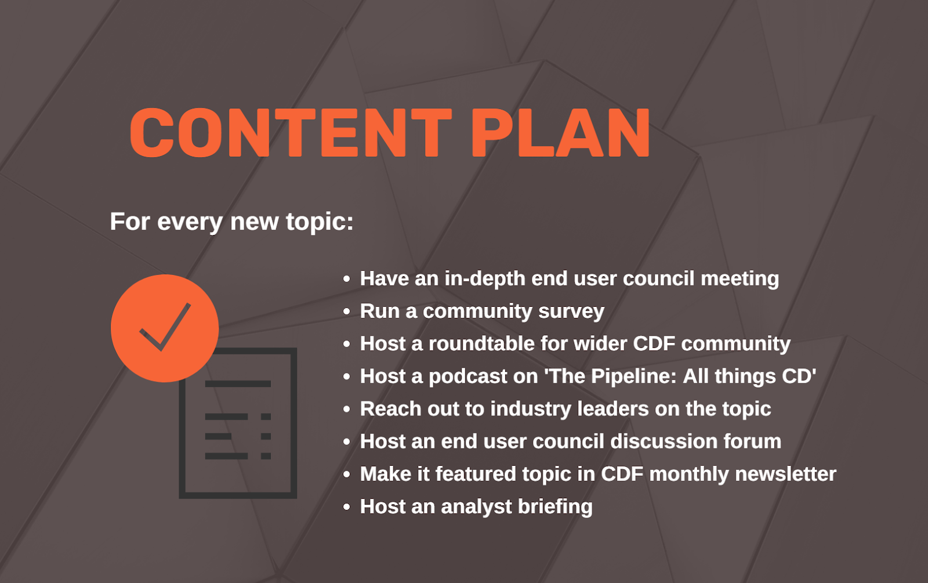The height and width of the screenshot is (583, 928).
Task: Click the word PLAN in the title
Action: (560, 133)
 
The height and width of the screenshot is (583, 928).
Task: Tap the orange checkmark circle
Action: (165, 328)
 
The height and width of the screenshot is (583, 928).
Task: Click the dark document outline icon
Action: (238, 423)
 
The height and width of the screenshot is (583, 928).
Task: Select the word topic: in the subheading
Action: (320, 222)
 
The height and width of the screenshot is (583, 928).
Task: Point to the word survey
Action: (571, 312)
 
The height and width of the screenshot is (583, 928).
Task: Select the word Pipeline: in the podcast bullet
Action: (634, 376)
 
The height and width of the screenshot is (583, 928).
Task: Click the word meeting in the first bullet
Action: (740, 278)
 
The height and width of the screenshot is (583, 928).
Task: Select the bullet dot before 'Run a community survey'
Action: (347, 311)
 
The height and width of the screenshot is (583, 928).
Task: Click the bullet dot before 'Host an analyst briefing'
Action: (347, 507)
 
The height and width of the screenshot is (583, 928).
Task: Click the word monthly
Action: (689, 475)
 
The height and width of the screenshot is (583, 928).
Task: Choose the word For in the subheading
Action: (130, 222)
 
